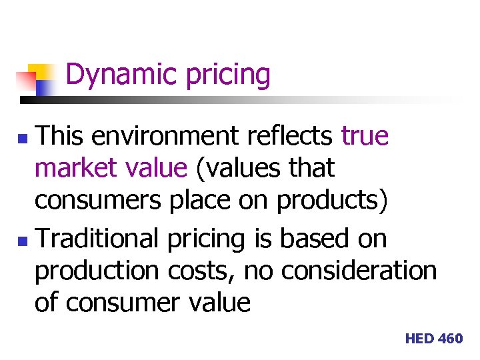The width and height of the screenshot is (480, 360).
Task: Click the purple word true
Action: [x=365, y=136]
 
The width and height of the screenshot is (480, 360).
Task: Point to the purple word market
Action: [x=72, y=167]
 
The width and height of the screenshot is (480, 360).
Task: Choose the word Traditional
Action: [x=97, y=239]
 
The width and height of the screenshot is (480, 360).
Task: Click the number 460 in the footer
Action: [x=451, y=339]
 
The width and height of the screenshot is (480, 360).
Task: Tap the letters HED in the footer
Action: [x=419, y=339]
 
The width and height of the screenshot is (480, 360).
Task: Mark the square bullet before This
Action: [x=23, y=138]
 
